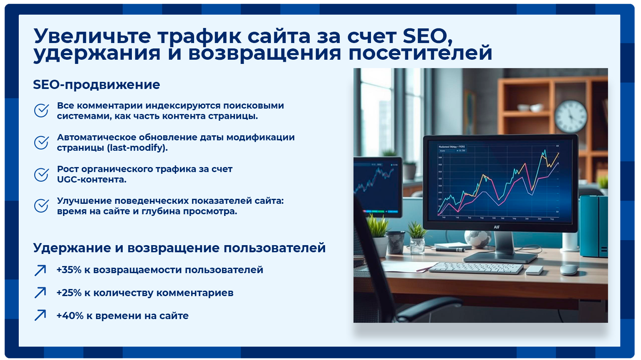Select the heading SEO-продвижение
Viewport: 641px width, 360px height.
[96, 85]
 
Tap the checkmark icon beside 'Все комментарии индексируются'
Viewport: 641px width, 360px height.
[41, 111]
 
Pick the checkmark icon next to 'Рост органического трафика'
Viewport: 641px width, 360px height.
[41, 175]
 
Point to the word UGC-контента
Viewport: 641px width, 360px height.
[91, 180]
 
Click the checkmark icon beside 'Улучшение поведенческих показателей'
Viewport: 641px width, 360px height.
[41, 206]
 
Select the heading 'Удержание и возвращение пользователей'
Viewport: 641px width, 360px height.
[179, 248]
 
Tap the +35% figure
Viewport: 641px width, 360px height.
[69, 270]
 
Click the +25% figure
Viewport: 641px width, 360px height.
[69, 293]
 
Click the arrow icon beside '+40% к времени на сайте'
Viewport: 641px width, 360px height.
[40, 315]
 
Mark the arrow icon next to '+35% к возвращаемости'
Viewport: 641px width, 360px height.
[40, 270]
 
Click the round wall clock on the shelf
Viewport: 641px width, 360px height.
[570, 116]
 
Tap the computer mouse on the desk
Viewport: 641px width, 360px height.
[569, 269]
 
